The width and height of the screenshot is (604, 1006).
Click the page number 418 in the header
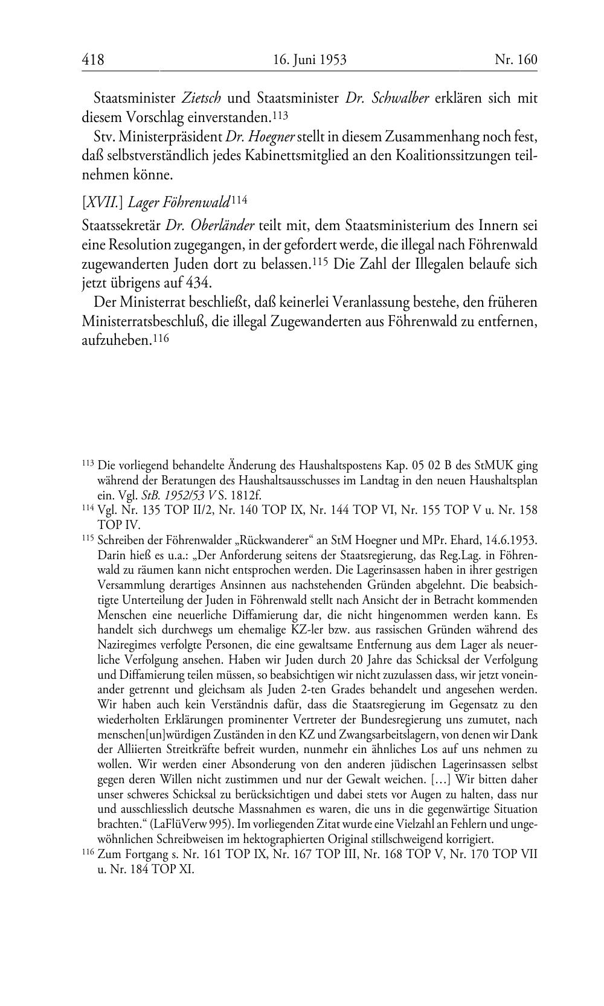pyautogui.click(x=93, y=59)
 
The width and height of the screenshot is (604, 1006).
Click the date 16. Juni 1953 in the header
pyautogui.click(x=309, y=59)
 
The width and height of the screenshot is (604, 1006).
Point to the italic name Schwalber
pyautogui.click(x=399, y=98)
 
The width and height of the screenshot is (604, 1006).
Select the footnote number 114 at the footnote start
pyautogui.click(x=88, y=508)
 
